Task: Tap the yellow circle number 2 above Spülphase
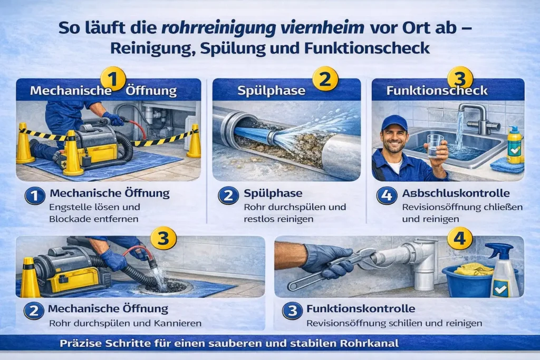[x=325, y=79]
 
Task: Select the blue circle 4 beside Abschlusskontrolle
[x=387, y=195]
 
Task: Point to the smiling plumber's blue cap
[x=394, y=123]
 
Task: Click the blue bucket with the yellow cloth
[x=472, y=279]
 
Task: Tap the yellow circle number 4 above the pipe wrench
[x=460, y=238]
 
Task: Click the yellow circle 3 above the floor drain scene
[x=163, y=238]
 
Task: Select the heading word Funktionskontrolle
[x=361, y=309]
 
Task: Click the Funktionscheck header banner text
[x=437, y=91]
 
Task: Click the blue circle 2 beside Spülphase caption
[x=228, y=195]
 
